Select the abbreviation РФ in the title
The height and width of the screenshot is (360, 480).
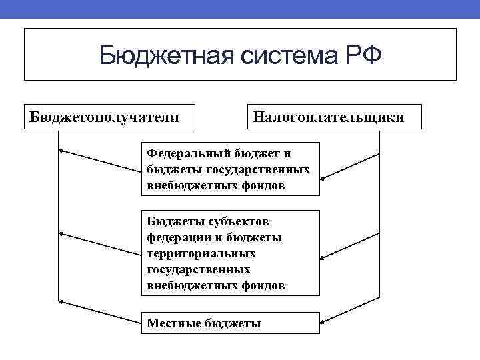(363, 55)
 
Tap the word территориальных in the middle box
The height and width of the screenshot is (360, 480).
(201, 253)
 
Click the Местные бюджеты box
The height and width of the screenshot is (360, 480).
(231, 324)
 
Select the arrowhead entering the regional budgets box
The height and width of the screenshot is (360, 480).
(323, 258)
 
